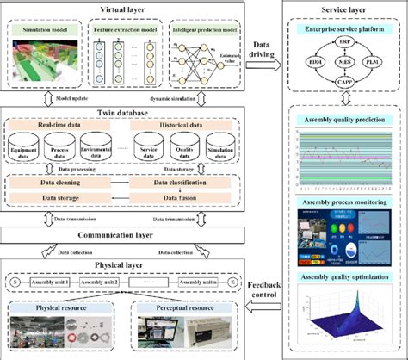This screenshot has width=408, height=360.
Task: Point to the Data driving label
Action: click(x=271, y=48)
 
